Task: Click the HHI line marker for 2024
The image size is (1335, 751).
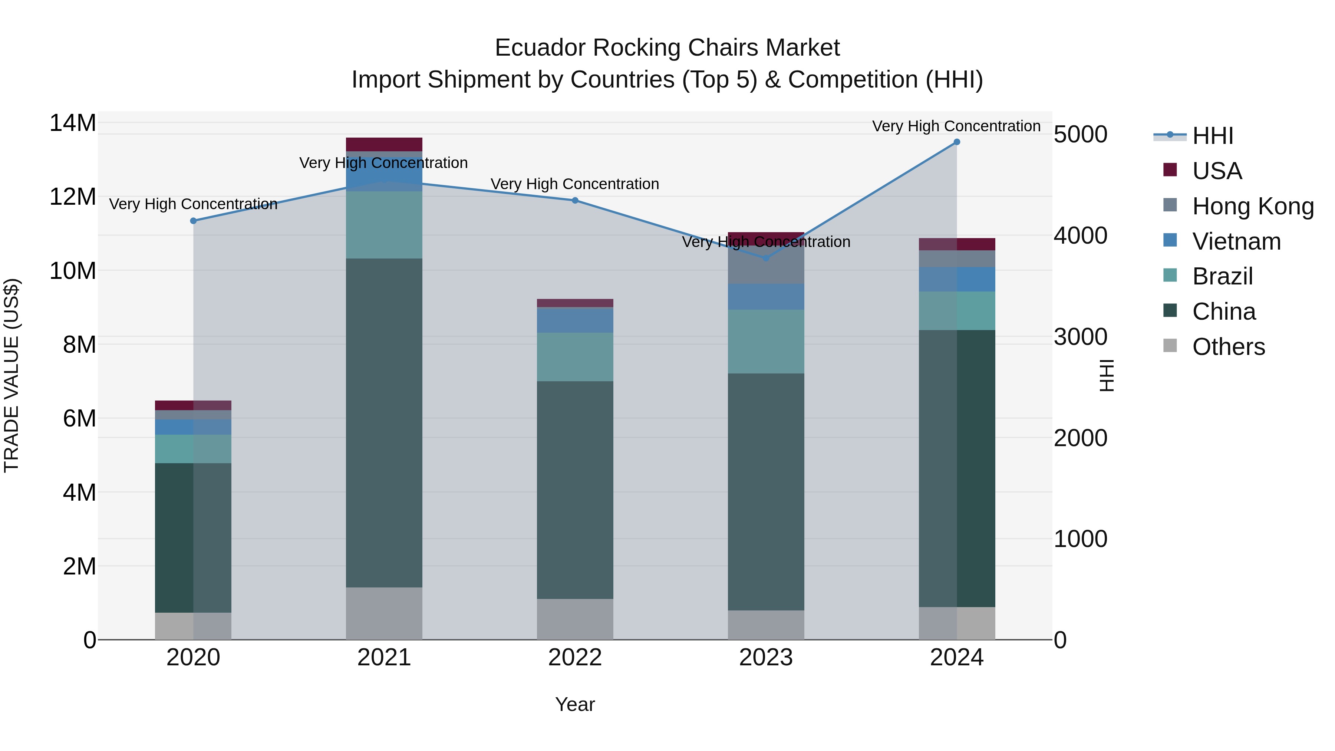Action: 957,142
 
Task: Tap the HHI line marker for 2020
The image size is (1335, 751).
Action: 193,221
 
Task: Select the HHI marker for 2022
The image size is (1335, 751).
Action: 575,201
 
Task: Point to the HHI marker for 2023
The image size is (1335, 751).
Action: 766,258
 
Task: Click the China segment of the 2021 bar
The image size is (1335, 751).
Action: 384,422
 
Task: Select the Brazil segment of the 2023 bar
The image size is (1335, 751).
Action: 766,341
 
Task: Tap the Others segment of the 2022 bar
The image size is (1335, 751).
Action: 575,619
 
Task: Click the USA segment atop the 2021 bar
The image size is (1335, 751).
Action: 384,145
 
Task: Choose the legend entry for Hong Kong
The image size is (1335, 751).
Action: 1253,206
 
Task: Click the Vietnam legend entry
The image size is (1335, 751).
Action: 1236,241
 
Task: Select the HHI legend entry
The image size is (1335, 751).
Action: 1212,136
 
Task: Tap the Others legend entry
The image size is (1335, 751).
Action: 1228,346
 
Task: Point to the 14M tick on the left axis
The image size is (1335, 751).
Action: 73,123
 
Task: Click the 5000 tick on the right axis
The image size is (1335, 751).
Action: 1081,134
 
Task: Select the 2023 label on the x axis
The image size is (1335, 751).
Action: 766,657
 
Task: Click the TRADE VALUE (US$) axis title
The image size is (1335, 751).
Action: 11,375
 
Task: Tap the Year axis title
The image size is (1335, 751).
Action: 575,704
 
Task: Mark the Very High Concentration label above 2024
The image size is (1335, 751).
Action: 956,126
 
